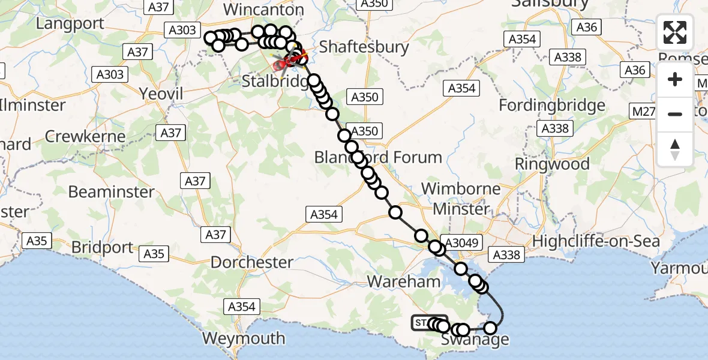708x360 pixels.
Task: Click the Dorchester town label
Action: (251, 262)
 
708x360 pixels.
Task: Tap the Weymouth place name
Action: (243, 338)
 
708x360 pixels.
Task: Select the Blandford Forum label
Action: (378, 157)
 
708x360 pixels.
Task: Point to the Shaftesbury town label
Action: (364, 47)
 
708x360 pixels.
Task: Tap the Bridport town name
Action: (101, 247)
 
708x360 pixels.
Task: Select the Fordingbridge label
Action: (552, 106)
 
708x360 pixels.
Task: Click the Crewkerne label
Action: (86, 136)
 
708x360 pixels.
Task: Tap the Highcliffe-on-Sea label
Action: (596, 242)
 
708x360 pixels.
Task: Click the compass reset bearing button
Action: (675, 148)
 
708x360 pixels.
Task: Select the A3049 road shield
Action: (461, 242)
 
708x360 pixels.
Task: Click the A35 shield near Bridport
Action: (154, 254)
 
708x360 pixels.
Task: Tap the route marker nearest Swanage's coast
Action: (491, 328)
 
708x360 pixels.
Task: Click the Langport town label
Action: (70, 24)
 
